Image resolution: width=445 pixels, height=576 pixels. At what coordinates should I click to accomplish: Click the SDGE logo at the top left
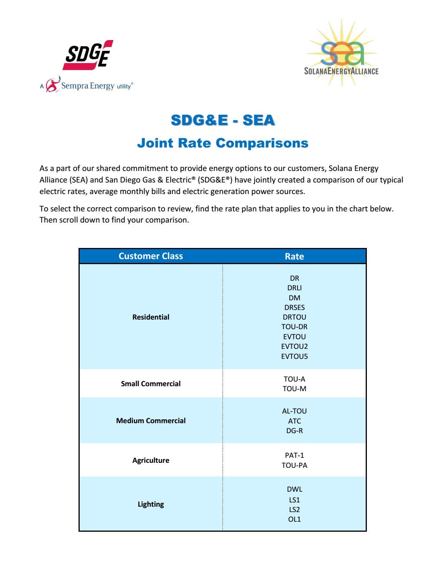click(x=88, y=55)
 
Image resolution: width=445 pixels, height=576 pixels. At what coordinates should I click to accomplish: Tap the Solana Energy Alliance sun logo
click(x=341, y=54)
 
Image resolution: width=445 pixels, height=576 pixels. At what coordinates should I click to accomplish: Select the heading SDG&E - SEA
click(x=222, y=121)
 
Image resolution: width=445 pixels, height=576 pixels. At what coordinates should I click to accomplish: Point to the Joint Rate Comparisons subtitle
click(x=222, y=143)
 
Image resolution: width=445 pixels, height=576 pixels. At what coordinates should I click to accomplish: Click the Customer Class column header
click(x=151, y=256)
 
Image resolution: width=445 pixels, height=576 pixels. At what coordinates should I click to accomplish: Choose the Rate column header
click(x=294, y=256)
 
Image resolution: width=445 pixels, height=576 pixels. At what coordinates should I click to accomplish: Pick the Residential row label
click(x=151, y=317)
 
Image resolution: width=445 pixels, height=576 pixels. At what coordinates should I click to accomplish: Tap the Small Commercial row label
click(x=151, y=383)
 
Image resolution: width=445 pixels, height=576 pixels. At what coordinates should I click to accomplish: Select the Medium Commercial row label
click(x=151, y=420)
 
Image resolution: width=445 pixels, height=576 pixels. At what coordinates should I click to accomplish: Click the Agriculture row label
click(x=151, y=460)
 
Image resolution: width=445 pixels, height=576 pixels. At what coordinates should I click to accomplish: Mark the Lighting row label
click(x=151, y=504)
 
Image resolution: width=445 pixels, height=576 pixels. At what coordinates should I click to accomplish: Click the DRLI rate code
click(x=294, y=288)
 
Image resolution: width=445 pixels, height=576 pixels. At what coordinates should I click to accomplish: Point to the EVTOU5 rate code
click(x=294, y=356)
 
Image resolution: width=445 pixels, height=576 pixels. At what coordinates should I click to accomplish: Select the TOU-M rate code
click(x=294, y=388)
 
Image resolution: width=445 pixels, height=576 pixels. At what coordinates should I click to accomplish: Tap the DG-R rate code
click(x=294, y=430)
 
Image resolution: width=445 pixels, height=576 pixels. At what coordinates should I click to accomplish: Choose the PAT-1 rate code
click(x=294, y=455)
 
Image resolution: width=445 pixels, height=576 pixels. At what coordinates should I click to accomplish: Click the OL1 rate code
click(x=294, y=519)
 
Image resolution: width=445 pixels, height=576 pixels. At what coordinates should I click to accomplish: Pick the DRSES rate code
click(x=294, y=307)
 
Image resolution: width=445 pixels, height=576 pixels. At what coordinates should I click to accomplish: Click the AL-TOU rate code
click(x=294, y=411)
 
